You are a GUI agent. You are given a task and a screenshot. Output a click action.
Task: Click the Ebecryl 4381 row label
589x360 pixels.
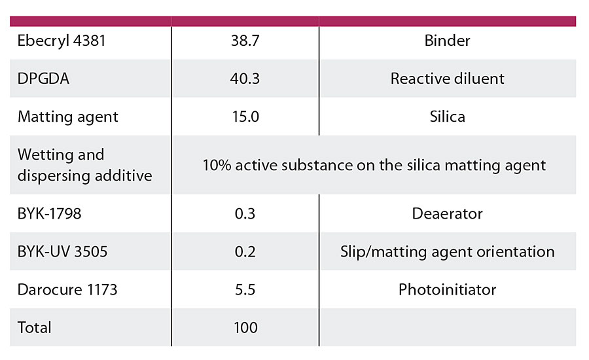tap(62, 41)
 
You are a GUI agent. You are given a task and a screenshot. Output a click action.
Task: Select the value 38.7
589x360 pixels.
tap(245, 41)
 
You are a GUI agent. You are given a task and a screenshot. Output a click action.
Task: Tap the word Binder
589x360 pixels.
tap(447, 41)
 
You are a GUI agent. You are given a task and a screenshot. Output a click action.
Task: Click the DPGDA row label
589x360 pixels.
tap(43, 79)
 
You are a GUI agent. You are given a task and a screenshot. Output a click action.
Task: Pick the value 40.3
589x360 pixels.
tap(245, 79)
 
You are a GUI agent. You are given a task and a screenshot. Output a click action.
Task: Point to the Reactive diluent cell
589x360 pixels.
tap(447, 79)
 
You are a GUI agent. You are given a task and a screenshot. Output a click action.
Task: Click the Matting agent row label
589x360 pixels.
tap(68, 117)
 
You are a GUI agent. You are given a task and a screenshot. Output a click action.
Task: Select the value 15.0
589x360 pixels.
tap(245, 117)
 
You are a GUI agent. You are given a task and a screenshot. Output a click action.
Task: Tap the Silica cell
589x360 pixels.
tap(447, 117)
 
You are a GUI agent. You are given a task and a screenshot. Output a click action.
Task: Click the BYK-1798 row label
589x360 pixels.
tap(50, 213)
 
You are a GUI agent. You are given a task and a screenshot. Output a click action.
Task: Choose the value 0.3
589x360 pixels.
tap(245, 213)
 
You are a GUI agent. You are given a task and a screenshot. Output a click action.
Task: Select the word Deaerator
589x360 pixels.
tap(447, 213)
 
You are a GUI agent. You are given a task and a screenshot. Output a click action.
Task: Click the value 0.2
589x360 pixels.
tap(245, 251)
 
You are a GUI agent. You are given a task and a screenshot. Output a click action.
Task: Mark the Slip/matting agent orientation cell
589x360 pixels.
tap(447, 251)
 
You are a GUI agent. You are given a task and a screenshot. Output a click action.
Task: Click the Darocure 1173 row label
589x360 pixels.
tap(67, 289)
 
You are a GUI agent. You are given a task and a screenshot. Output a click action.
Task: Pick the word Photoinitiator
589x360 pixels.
tap(447, 289)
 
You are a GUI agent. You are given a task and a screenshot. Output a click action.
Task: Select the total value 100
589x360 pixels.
tap(245, 327)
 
